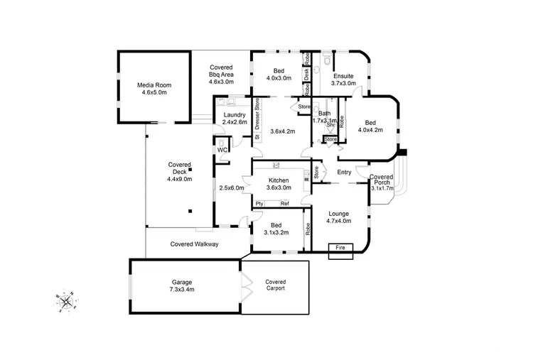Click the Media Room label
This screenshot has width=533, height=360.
(x=154, y=89)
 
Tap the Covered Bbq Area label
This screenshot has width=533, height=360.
(x=221, y=75)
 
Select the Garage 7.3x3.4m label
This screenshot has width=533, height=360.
(x=182, y=285)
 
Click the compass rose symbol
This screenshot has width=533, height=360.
(x=65, y=302)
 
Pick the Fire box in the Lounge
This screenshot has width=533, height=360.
(x=340, y=248)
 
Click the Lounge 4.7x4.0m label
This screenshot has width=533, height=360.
(x=338, y=217)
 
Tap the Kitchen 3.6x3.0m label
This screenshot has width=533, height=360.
(x=279, y=184)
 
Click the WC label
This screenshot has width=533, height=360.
(x=222, y=151)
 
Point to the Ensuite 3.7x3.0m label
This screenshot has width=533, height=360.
(x=343, y=79)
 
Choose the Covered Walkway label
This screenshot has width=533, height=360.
(x=194, y=244)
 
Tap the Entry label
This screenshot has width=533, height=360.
(x=344, y=173)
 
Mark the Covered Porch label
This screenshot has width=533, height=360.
(x=382, y=182)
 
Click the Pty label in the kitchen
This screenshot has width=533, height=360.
(x=260, y=204)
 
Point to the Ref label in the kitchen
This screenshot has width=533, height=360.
(x=284, y=204)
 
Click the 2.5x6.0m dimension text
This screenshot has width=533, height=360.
(x=231, y=188)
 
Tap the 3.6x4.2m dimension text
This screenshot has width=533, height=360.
(x=283, y=131)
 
